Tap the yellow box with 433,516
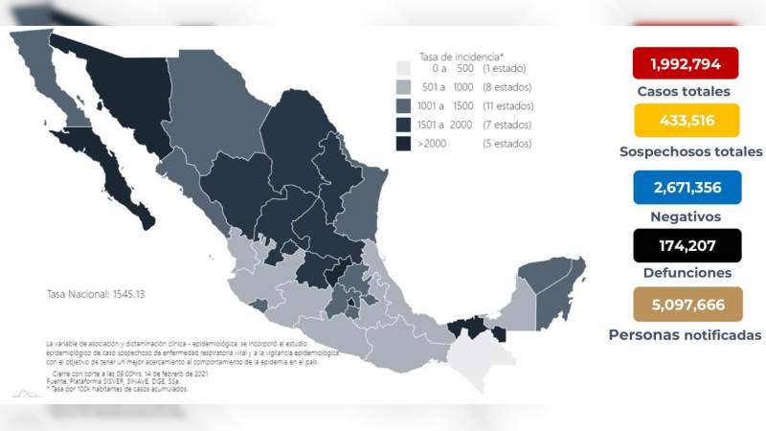coord(686,121)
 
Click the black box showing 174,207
coord(686,245)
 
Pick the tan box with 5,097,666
coord(686,304)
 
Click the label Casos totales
coord(684,92)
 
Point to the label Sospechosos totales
coord(690,151)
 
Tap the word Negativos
coord(686,216)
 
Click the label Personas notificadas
coord(686,334)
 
